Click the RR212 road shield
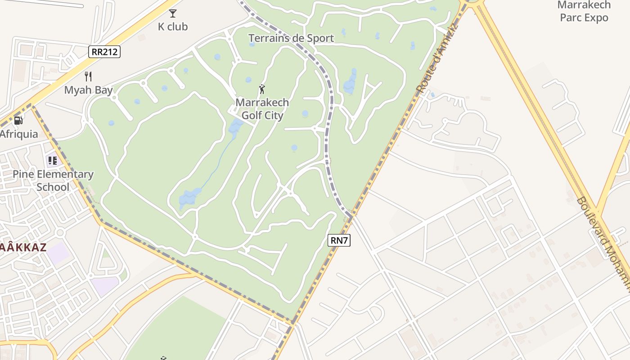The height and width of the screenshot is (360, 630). [x=104, y=52]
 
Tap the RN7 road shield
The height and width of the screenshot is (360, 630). [x=339, y=240]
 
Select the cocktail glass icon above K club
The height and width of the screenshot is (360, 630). [x=173, y=13]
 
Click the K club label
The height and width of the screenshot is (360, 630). [x=173, y=27]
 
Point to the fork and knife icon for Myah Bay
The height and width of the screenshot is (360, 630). [x=88, y=76]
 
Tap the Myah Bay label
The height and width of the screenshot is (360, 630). [x=88, y=90]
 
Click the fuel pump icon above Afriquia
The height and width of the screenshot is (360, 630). [x=18, y=120]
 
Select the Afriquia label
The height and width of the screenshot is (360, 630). [x=19, y=134]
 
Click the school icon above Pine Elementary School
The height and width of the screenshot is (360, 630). [x=53, y=160]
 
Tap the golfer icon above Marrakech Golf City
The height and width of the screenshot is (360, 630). [x=262, y=89]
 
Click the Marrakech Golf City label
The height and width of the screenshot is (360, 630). [x=262, y=109]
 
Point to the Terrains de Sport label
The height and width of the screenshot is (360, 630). [x=291, y=38]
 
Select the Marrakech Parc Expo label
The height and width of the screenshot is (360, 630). [x=584, y=11]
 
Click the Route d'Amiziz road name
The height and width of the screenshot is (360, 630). [x=437, y=58]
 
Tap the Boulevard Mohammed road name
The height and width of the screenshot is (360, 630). [x=603, y=243]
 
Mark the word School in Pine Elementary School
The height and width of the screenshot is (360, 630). [x=53, y=187]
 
